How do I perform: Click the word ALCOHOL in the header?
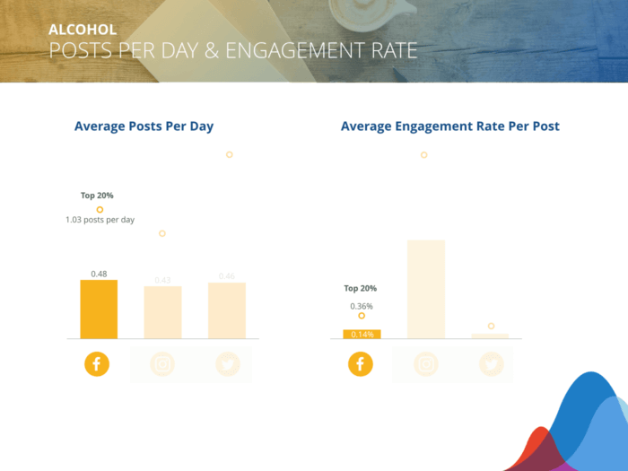click(83, 30)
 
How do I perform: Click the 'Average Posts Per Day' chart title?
click(144, 126)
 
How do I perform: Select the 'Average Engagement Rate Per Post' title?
click(449, 126)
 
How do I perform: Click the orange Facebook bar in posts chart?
click(99, 310)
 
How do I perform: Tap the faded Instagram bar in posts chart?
click(162, 312)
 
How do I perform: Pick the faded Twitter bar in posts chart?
click(226, 310)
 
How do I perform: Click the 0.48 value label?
click(99, 273)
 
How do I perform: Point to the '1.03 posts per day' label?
click(100, 220)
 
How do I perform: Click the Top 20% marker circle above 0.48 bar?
click(100, 209)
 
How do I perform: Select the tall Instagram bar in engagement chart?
click(426, 289)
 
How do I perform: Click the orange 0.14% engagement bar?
click(362, 335)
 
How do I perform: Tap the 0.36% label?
click(362, 306)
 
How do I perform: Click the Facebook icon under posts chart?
click(98, 364)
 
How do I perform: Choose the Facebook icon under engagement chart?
click(360, 364)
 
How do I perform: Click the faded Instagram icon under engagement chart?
click(426, 364)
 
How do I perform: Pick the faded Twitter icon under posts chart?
click(227, 364)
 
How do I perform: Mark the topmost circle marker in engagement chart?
click(423, 155)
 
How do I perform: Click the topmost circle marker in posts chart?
click(230, 154)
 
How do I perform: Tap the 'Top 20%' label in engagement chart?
click(361, 289)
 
